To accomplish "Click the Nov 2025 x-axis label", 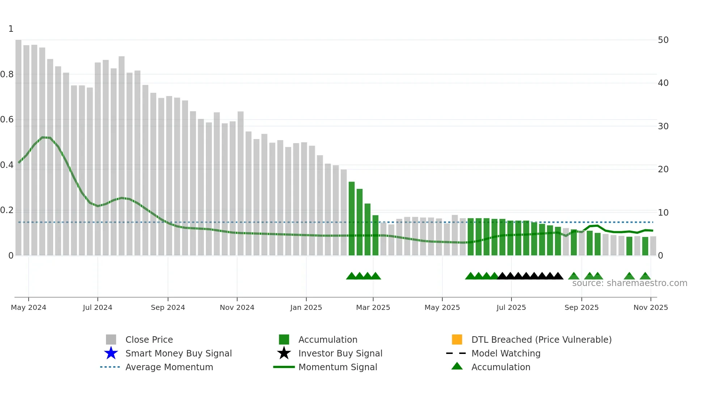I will [650, 307].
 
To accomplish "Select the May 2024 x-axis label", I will [29, 307].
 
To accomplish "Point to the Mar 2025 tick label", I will [373, 307].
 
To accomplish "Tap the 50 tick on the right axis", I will [663, 40].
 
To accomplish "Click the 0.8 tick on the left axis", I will [7, 74].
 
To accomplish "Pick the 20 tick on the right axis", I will [663, 169].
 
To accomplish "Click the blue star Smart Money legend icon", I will [111, 353].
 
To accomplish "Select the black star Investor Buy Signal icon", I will [284, 353].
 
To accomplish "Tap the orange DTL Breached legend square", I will [457, 339].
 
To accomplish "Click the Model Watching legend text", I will [506, 353].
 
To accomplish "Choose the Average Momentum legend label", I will [169, 367].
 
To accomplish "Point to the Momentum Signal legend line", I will [284, 367].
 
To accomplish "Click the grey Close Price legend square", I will [111, 339].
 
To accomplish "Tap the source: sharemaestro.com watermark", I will [629, 283].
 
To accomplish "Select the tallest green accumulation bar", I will [352, 219].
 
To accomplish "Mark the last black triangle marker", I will [558, 276].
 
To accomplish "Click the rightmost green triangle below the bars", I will [645, 276].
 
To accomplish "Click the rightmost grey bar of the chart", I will [653, 246].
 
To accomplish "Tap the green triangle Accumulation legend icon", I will [457, 366].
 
